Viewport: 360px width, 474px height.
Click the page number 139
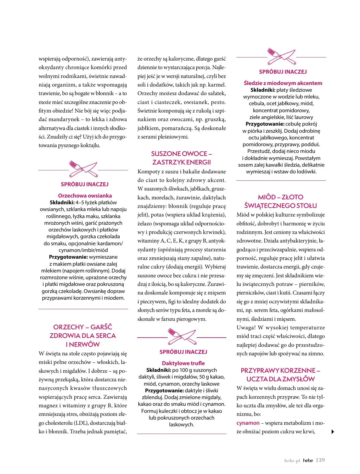[x=320, y=460]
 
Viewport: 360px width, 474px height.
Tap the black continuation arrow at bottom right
[x=333, y=432]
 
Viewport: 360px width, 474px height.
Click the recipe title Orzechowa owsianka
[x=85, y=196]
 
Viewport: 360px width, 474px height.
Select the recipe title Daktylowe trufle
[x=183, y=363]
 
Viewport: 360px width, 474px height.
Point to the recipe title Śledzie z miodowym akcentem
[x=283, y=83]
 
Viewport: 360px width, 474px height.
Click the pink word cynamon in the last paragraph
[x=248, y=423]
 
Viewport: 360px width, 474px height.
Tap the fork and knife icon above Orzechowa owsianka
[x=83, y=169]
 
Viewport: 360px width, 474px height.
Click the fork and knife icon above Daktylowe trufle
[x=182, y=336]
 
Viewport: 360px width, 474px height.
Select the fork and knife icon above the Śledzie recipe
[x=281, y=56]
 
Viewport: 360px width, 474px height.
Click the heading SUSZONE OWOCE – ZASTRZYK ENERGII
[x=182, y=158]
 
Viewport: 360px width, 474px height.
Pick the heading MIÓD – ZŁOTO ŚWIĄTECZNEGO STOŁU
[x=280, y=202]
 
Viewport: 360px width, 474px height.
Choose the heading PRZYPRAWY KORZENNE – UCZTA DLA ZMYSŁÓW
[x=280, y=375]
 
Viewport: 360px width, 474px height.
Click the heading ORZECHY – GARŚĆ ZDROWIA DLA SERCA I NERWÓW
[x=83, y=336]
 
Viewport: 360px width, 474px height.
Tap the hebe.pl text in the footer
[x=292, y=461]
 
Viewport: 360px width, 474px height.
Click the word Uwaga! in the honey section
[x=246, y=328]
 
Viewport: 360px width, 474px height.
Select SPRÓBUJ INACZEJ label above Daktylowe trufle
[x=183, y=352]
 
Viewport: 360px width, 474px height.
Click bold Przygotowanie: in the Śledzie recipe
[x=265, y=124]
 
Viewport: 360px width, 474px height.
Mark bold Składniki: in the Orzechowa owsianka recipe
[x=62, y=202]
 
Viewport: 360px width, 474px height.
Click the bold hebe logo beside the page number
[x=308, y=461]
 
